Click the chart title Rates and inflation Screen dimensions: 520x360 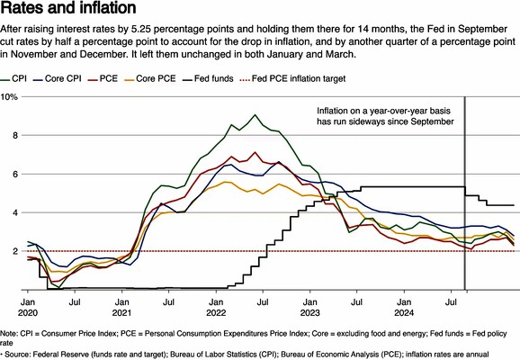click(68, 7)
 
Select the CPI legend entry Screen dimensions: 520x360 click(13, 79)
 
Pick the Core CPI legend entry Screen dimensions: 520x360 click(57, 79)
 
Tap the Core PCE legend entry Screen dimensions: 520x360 click(150, 79)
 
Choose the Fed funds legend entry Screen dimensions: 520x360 click(208, 79)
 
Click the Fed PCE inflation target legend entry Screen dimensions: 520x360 click(292, 79)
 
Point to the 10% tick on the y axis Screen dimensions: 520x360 click(9, 97)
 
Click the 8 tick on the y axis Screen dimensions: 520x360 click(15, 135)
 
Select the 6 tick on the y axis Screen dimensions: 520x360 click(15, 175)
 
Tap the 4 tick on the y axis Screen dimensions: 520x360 click(15, 212)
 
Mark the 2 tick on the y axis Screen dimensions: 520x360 click(15, 251)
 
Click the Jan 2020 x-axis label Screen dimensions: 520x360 click(28, 308)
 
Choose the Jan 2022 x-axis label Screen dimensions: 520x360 click(216, 308)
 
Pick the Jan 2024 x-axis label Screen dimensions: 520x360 click(404, 308)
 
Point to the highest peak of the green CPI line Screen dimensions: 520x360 click(255, 115)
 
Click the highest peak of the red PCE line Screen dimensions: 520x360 click(255, 152)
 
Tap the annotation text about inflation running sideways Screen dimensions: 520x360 click(385, 116)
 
